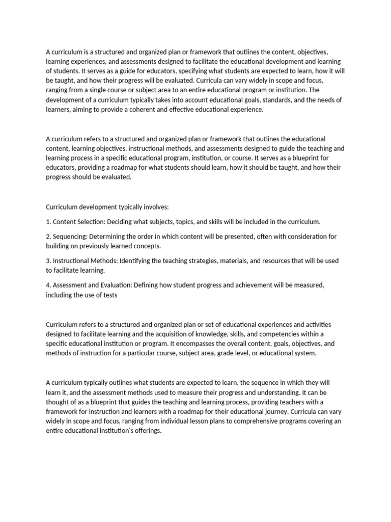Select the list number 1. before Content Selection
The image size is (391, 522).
pyautogui.click(x=48, y=222)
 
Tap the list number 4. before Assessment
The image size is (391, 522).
pyautogui.click(x=48, y=285)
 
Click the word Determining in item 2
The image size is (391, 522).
pyautogui.click(x=106, y=237)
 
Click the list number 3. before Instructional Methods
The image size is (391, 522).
pyautogui.click(x=48, y=260)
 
